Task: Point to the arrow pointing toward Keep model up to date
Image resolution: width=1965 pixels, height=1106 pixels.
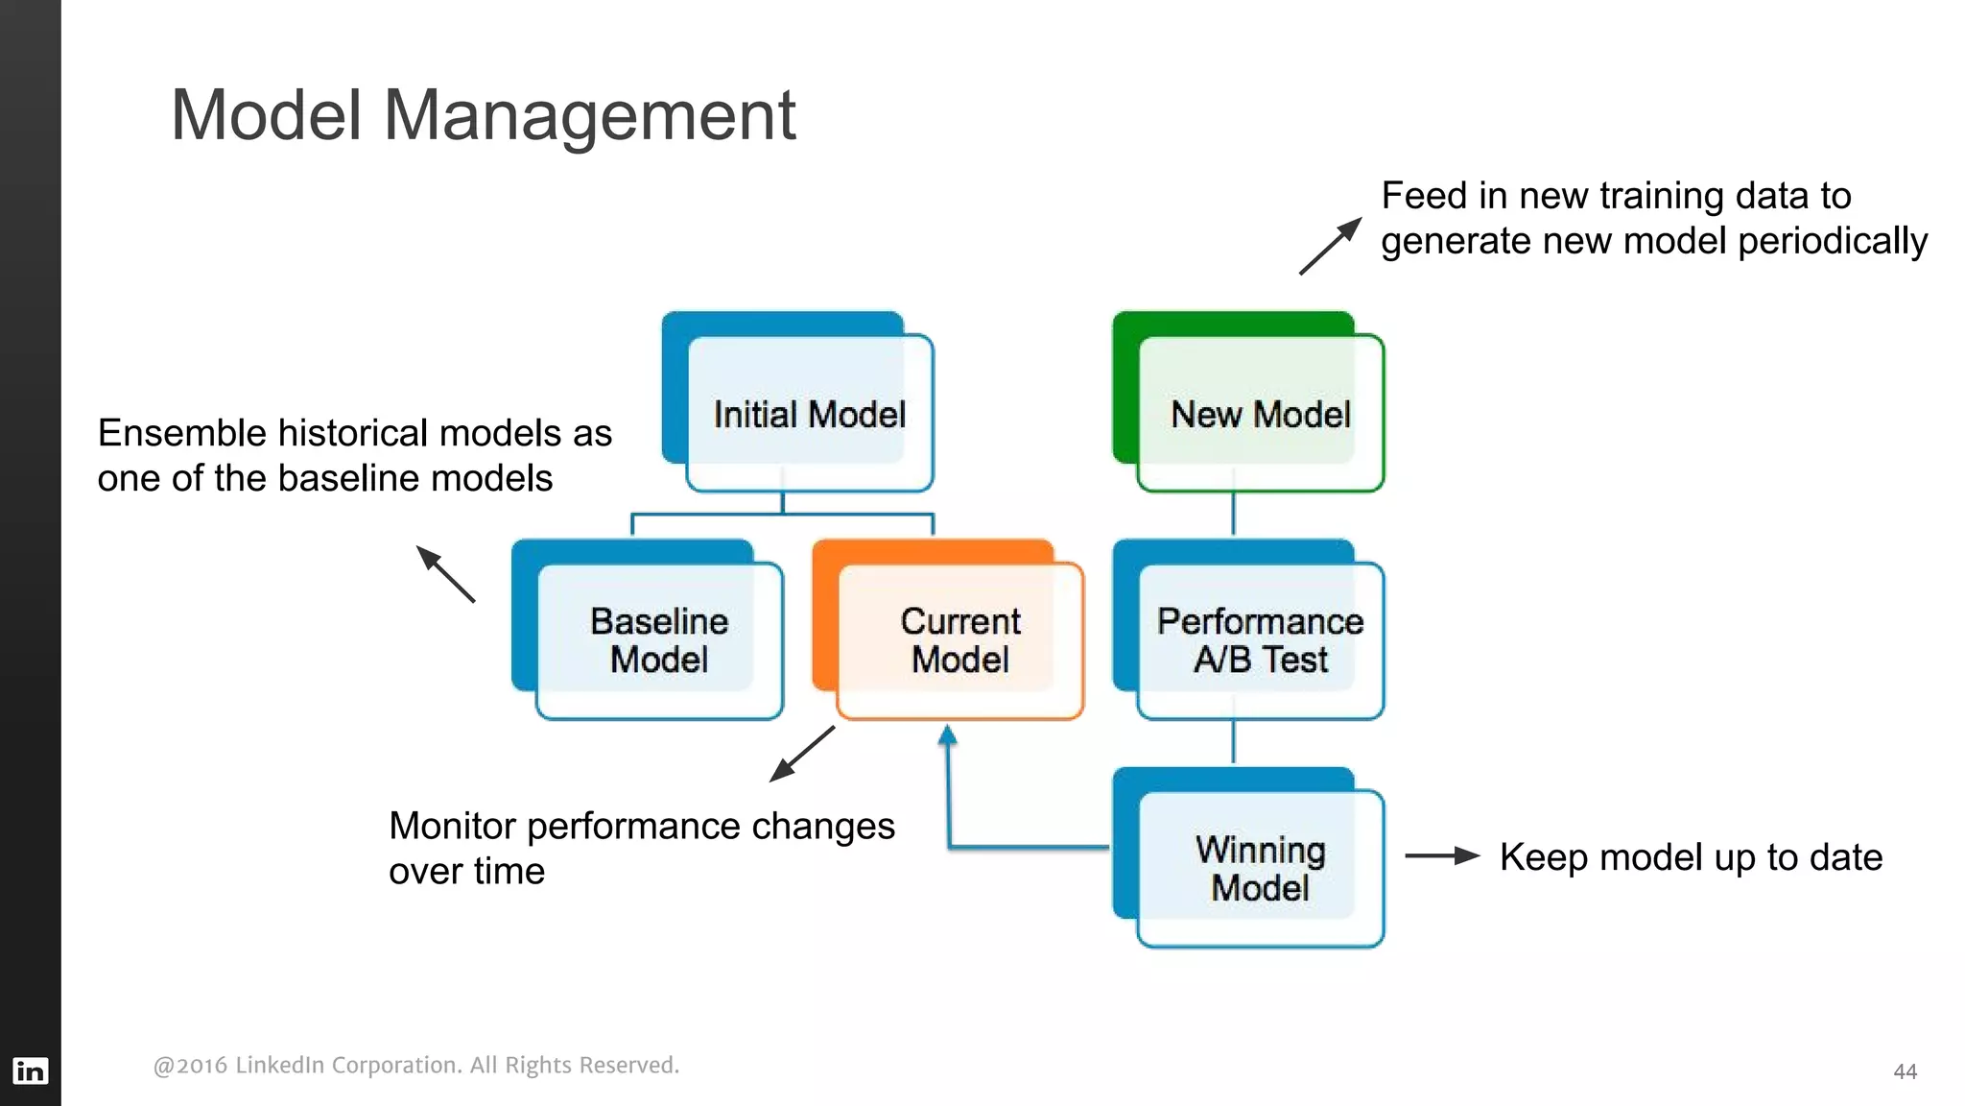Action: [x=1442, y=855]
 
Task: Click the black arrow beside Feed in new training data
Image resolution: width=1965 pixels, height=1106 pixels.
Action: [x=1331, y=246]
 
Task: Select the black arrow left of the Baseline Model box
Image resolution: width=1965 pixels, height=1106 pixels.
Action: [x=445, y=574]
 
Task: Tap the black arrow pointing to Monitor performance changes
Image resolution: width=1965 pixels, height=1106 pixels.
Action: [x=802, y=754]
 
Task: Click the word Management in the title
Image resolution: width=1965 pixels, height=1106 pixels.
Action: [x=589, y=115]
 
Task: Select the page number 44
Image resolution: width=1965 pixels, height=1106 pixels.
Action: [x=1905, y=1071]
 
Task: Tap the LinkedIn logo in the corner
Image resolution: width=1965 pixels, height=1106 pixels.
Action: [x=30, y=1070]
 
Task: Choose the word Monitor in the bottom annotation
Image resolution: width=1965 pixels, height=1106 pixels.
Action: [x=452, y=826]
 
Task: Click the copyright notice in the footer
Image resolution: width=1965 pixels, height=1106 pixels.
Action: [x=415, y=1065]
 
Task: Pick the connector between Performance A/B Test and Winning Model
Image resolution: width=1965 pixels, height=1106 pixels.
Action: [x=1233, y=741]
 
